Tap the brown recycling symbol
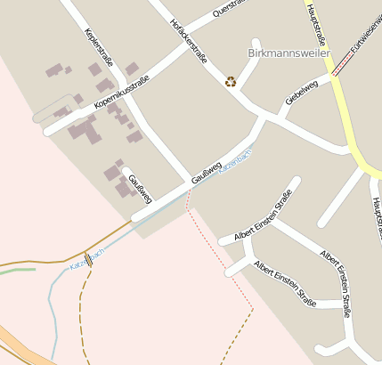click(231, 82)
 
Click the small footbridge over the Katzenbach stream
click(88, 261)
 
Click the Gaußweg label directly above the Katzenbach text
click(206, 168)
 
